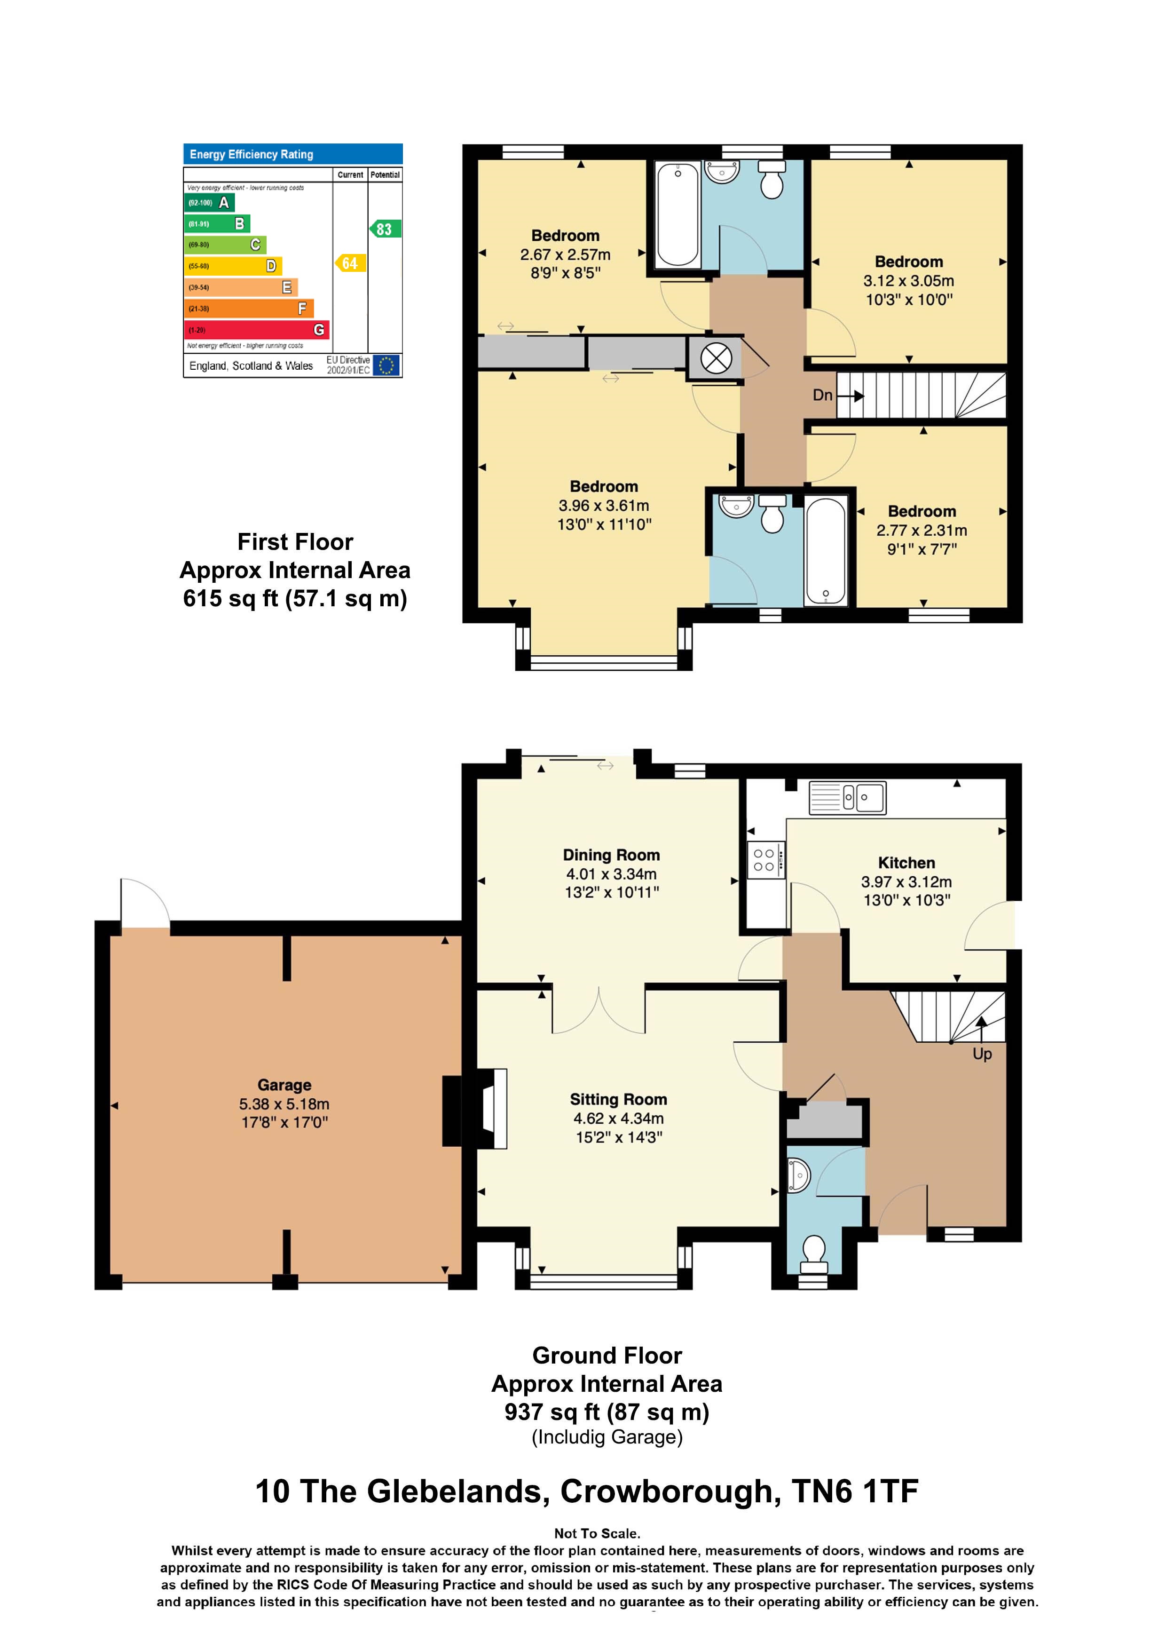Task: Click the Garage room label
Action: coord(284,1085)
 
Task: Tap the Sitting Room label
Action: coord(619,1100)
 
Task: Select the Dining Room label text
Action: coord(611,855)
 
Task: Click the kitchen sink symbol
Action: coord(848,798)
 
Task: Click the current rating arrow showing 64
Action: coord(350,263)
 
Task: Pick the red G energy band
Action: coord(257,330)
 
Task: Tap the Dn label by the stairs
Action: coord(823,395)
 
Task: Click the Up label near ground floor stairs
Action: coord(982,1054)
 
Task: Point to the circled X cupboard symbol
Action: coord(716,357)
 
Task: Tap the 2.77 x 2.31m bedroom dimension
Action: coord(922,531)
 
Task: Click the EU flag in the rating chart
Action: coord(386,365)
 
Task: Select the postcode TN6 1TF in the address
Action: coord(855,1491)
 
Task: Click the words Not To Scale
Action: coord(597,1533)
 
